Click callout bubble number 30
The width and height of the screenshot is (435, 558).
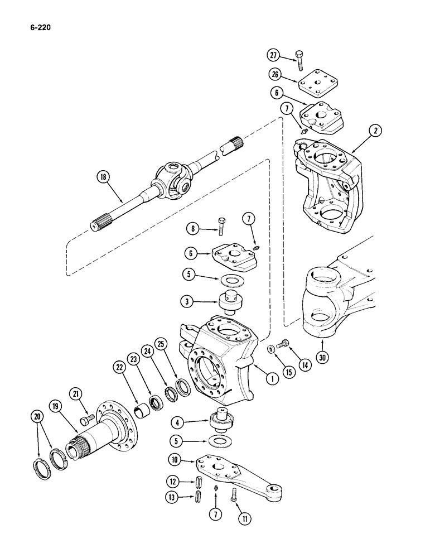coord(321,357)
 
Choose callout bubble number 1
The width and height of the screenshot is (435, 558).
coord(272,379)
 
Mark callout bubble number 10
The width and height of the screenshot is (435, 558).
coord(177,460)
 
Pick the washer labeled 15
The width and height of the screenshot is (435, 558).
coord(270,349)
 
